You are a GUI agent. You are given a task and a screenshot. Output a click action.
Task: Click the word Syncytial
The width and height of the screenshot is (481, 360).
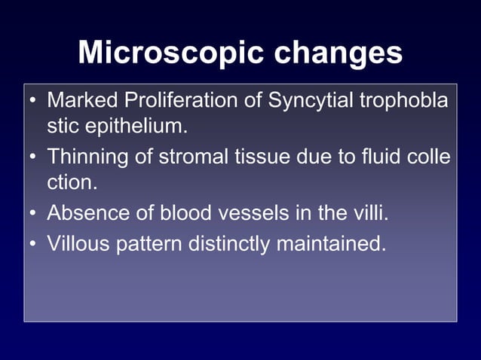pyautogui.click(x=300, y=100)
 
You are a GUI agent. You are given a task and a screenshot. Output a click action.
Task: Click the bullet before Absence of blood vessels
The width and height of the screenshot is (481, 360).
pyautogui.click(x=33, y=214)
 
